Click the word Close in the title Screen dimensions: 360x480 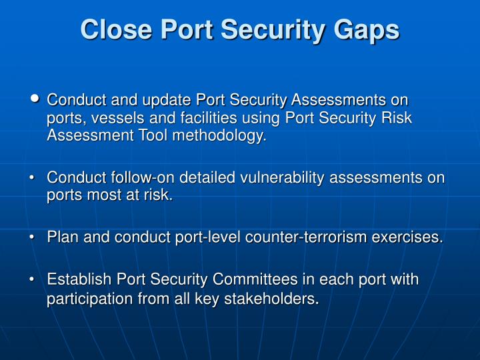click(109, 30)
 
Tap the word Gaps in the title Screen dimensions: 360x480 click(369, 30)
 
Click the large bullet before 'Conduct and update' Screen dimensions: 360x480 click(35, 99)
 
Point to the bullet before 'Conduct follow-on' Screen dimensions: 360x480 click(33, 179)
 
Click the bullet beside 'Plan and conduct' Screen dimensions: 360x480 click(33, 237)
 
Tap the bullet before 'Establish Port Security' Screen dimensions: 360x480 click(33, 280)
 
